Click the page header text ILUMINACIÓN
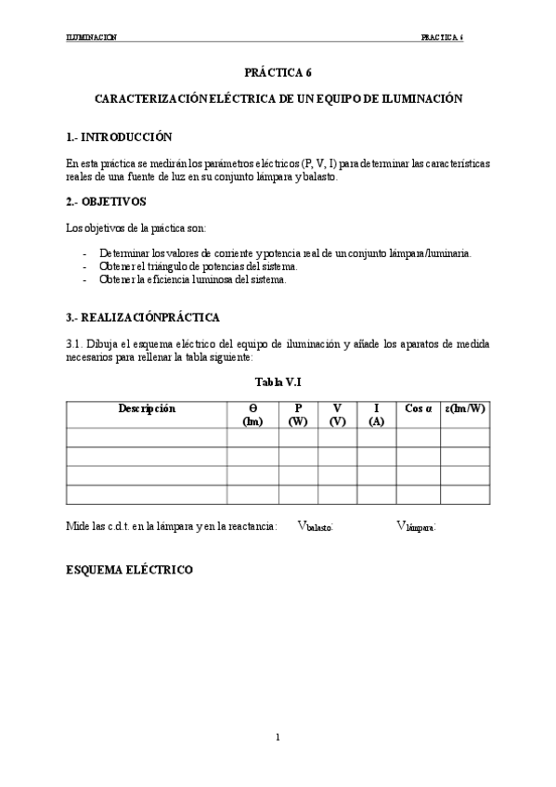(x=91, y=38)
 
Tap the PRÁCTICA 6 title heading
(x=278, y=71)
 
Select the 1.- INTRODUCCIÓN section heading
(x=119, y=136)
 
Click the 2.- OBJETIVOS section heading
(x=107, y=201)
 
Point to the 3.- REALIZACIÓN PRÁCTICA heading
(x=143, y=317)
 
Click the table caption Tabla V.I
(x=278, y=381)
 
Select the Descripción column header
(x=147, y=408)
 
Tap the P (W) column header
(x=298, y=414)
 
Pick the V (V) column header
(x=337, y=414)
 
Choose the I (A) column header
(x=376, y=414)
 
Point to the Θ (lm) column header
(x=252, y=414)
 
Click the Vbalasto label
(x=316, y=526)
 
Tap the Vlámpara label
(x=416, y=526)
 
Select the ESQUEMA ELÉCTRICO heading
(x=129, y=569)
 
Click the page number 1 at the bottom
(x=278, y=737)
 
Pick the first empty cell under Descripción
(x=147, y=437)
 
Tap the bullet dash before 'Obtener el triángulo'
(x=84, y=266)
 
